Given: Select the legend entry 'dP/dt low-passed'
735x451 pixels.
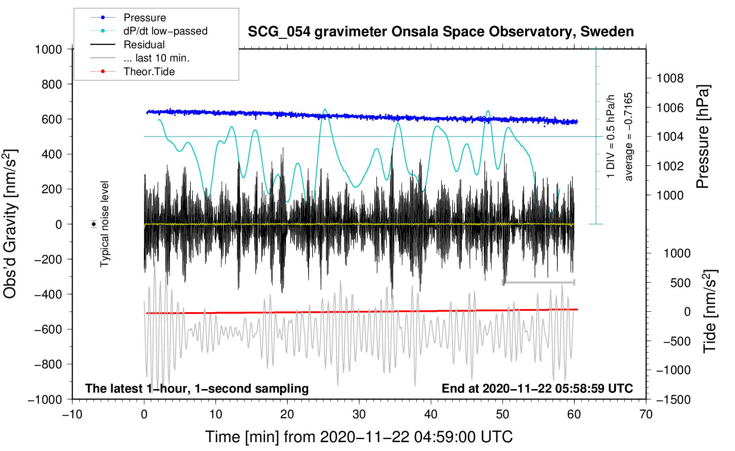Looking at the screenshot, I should click(165, 31).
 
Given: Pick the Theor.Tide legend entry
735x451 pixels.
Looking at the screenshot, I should click(149, 72).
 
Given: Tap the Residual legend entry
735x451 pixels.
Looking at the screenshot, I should click(144, 45).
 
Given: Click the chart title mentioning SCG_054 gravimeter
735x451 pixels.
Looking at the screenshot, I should click(441, 32).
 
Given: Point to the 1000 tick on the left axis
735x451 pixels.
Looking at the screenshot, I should click(49, 49).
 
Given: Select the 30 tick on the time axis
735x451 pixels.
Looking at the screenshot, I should click(359, 414).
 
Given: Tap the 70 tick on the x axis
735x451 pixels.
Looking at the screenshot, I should click(646, 414).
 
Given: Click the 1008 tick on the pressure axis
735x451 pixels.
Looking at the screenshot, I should click(670, 78).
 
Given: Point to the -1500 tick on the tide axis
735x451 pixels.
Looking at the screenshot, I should click(673, 399).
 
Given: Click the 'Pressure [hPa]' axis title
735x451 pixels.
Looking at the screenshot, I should click(703, 137).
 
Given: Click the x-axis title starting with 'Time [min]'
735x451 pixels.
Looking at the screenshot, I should click(359, 437).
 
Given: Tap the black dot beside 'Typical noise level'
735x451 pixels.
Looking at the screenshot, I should click(94, 224).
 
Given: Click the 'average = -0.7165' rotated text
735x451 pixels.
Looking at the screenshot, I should click(629, 137).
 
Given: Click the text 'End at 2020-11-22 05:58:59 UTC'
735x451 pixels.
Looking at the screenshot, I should click(537, 388).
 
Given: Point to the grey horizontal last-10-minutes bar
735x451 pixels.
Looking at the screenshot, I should click(538, 282).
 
